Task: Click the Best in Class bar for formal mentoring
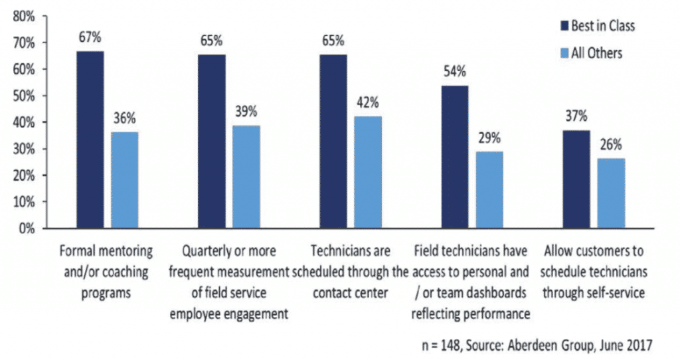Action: pos(90,139)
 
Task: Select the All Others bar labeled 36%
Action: pos(125,180)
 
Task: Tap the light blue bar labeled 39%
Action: pos(246,177)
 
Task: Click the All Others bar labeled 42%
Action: pos(367,173)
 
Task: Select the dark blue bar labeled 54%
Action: pos(455,157)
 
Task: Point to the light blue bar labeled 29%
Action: pos(489,190)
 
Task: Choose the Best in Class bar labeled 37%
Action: pos(576,179)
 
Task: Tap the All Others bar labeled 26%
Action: pos(612,193)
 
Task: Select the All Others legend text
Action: pos(597,53)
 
